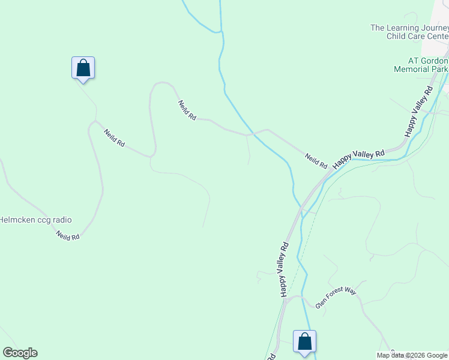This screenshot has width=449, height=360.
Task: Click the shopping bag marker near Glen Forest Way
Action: pos(305,342)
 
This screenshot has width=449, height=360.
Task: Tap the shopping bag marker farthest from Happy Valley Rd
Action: pos(83,68)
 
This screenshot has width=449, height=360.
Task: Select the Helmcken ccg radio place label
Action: pos(35,220)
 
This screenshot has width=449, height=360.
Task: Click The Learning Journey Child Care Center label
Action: pos(409,32)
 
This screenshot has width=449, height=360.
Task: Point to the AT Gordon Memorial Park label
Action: pos(420,65)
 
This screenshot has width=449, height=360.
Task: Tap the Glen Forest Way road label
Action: pos(336,298)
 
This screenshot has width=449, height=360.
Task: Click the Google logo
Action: pos(20,353)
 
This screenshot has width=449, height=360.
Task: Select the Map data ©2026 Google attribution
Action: pos(412,355)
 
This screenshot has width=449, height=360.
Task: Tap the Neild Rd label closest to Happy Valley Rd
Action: pos(316,160)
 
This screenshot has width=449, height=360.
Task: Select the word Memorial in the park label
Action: pos(412,69)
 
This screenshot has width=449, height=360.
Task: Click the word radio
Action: pos(62,220)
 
